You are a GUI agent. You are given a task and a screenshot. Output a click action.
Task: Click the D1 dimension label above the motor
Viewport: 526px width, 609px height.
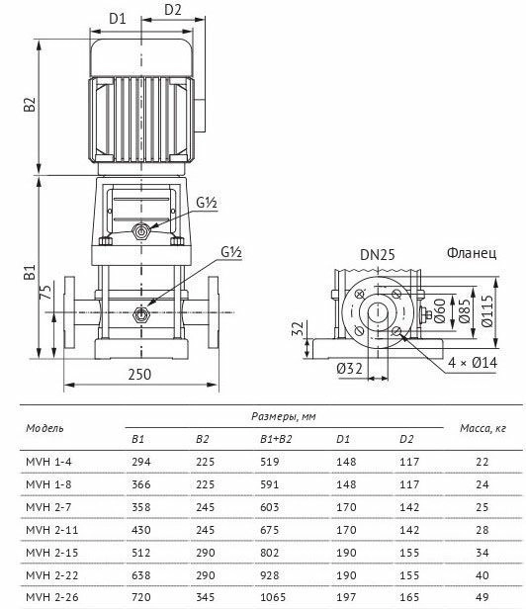pyautogui.click(x=118, y=18)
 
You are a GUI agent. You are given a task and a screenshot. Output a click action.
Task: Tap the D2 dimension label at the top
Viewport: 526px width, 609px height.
pyautogui.click(x=173, y=10)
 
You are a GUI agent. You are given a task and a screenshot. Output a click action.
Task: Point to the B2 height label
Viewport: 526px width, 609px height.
pyautogui.click(x=30, y=105)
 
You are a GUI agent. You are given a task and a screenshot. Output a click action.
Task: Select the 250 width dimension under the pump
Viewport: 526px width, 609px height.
pyautogui.click(x=139, y=375)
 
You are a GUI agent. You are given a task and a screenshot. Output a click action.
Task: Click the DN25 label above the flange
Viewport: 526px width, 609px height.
pyautogui.click(x=378, y=255)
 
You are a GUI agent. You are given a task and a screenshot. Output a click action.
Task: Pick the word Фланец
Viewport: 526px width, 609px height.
pyautogui.click(x=472, y=253)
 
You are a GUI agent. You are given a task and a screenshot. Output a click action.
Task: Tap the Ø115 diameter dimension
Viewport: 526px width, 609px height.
pyautogui.click(x=486, y=310)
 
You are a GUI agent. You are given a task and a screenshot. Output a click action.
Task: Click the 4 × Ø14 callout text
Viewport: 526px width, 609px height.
pyautogui.click(x=473, y=363)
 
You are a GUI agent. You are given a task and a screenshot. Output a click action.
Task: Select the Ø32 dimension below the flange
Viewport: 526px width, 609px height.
pyautogui.click(x=350, y=368)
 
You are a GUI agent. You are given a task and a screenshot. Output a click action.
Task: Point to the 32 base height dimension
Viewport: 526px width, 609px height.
pyautogui.click(x=298, y=328)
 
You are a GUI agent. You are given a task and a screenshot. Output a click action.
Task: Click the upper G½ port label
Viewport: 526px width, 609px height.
pyautogui.click(x=207, y=203)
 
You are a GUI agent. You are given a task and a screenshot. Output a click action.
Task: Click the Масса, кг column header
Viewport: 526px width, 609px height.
pyautogui.click(x=482, y=428)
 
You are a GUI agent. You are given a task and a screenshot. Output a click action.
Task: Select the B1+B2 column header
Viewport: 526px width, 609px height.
pyautogui.click(x=276, y=439)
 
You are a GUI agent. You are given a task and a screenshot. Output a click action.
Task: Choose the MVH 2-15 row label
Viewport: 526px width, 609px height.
pyautogui.click(x=52, y=553)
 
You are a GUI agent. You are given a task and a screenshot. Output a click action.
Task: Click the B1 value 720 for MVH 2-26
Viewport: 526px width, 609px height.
pyautogui.click(x=141, y=597)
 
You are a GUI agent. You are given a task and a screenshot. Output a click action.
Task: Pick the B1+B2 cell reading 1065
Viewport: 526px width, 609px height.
pyautogui.click(x=273, y=597)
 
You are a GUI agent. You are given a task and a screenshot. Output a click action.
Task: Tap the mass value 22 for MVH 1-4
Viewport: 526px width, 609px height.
pyautogui.click(x=482, y=462)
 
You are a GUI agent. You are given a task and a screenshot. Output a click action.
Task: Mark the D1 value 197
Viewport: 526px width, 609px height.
pyautogui.click(x=346, y=597)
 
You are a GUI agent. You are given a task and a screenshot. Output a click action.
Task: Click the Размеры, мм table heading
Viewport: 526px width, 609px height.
pyautogui.click(x=284, y=417)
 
